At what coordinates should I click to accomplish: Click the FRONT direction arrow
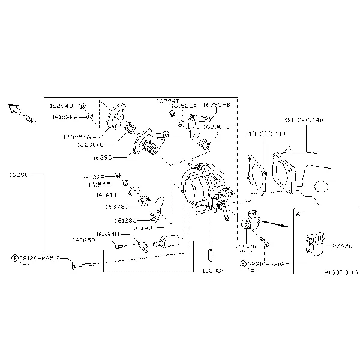tap(13, 108)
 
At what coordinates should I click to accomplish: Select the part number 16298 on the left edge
tap(20, 175)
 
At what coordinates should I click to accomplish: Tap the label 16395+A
tap(77, 137)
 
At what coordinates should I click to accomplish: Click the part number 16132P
tap(94, 177)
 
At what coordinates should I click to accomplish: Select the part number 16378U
tap(117, 206)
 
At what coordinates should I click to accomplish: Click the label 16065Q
tap(84, 241)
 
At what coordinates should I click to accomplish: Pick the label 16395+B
tap(216, 104)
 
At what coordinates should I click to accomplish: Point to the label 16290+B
tap(217, 127)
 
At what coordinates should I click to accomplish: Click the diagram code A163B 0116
tap(340, 272)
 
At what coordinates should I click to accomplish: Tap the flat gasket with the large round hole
tap(258, 175)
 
